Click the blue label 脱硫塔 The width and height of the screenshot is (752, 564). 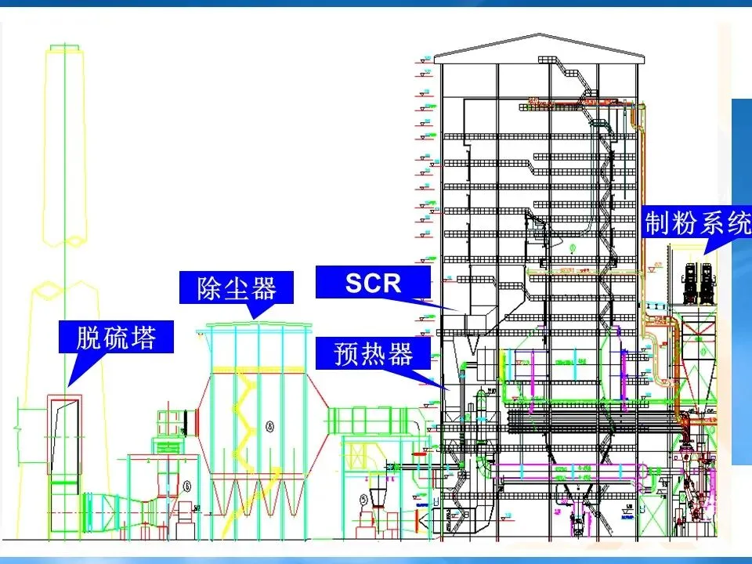[116, 338]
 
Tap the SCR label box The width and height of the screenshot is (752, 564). [373, 282]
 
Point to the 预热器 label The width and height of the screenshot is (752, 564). [373, 354]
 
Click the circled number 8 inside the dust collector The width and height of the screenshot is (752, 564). [270, 427]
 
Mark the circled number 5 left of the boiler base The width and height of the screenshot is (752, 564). [363, 498]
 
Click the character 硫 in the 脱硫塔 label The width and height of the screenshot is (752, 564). [116, 338]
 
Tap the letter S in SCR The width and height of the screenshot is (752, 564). [353, 282]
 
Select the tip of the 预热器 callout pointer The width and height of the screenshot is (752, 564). [448, 389]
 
